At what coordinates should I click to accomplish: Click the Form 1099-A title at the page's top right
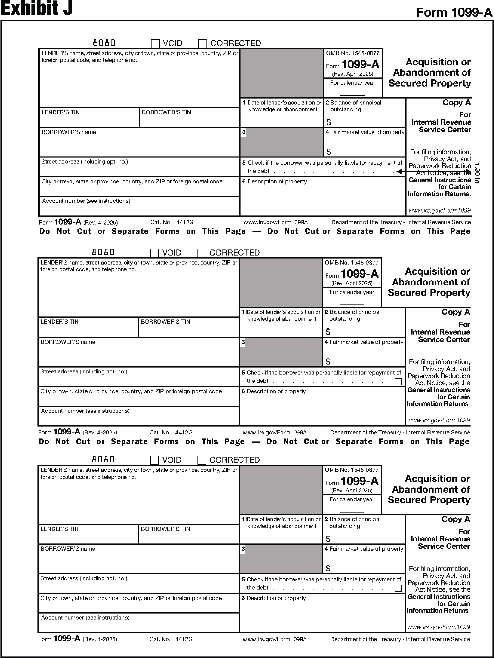tap(454, 13)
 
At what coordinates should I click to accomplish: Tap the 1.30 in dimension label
tap(476, 173)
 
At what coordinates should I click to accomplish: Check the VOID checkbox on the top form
tap(155, 44)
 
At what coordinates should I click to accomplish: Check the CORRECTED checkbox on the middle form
tap(202, 253)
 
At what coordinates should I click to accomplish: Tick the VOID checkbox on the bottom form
tap(155, 460)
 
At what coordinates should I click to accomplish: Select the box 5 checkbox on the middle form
tap(398, 382)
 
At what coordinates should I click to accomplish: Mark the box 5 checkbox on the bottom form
tap(398, 588)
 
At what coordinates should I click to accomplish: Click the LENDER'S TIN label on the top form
tap(60, 112)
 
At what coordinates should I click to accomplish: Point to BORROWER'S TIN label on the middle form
tap(165, 322)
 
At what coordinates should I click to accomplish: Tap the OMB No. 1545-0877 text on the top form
tap(353, 53)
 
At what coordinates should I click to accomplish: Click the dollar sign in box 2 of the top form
tap(329, 122)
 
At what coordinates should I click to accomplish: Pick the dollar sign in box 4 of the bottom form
tap(328, 568)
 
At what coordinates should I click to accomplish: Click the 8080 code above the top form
tap(104, 43)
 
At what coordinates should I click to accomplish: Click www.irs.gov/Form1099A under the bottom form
tap(275, 639)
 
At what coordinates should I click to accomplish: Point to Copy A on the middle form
tap(456, 312)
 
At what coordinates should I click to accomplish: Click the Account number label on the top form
tap(86, 201)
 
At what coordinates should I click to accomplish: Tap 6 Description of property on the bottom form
tap(274, 598)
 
